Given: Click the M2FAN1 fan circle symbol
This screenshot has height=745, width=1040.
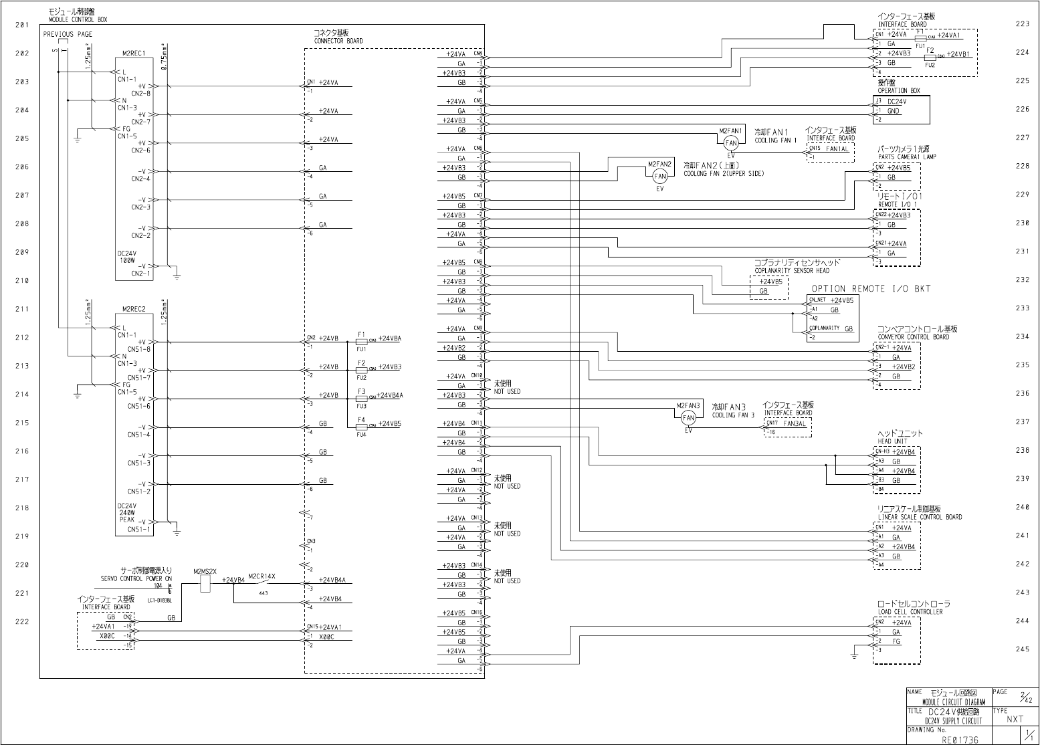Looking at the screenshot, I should pyautogui.click(x=731, y=142).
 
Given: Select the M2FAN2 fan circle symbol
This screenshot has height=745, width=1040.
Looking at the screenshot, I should pyautogui.click(x=660, y=176).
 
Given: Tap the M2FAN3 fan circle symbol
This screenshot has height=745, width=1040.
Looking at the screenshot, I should pyautogui.click(x=688, y=417).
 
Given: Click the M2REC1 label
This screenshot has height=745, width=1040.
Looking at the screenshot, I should pyautogui.click(x=134, y=53).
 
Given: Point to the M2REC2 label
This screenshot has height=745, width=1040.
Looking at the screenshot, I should pyautogui.click(x=134, y=309).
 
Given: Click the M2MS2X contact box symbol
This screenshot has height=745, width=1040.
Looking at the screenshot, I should pyautogui.click(x=205, y=584).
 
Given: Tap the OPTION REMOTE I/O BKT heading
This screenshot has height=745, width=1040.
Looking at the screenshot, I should pyautogui.click(x=871, y=289).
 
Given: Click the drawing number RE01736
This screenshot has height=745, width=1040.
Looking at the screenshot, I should pyautogui.click(x=960, y=740).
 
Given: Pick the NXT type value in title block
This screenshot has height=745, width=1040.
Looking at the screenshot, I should pyautogui.click(x=1015, y=720).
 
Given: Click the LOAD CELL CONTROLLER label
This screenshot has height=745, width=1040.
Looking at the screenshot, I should pyautogui.click(x=910, y=612).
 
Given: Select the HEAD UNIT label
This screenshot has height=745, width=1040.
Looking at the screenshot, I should pyautogui.click(x=893, y=441).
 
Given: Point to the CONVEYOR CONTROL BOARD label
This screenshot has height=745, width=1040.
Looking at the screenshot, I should pyautogui.click(x=913, y=337).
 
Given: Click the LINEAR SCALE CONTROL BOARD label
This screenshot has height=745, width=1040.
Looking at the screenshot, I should pyautogui.click(x=920, y=517).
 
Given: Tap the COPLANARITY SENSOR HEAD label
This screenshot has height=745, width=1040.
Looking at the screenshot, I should pyautogui.click(x=792, y=270).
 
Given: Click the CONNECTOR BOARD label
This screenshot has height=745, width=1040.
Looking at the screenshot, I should pyautogui.click(x=338, y=41).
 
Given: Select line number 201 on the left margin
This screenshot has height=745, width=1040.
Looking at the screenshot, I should pyautogui.click(x=22, y=25).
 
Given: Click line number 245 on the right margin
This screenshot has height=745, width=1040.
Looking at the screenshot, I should pyautogui.click(x=1022, y=649).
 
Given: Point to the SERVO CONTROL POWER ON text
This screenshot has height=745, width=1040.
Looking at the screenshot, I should pyautogui.click(x=136, y=578).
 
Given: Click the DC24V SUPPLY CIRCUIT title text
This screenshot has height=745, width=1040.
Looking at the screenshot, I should pyautogui.click(x=954, y=721).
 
